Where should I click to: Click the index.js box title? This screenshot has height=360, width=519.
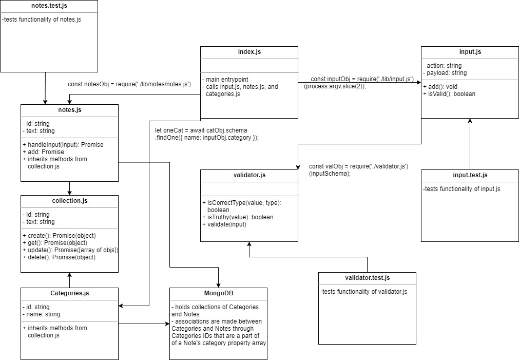click(249, 52)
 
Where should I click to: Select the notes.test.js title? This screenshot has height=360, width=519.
click(49, 7)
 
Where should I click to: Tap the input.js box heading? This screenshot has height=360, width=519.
click(470, 52)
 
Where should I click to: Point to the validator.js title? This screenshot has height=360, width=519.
click(249, 176)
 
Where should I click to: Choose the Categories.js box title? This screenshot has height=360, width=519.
click(70, 294)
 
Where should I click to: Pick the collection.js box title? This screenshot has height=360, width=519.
click(69, 201)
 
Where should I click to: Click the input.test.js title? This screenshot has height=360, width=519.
click(470, 176)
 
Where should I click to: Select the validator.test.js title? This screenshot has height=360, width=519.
click(367, 278)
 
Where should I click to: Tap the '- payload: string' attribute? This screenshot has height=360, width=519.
click(445, 73)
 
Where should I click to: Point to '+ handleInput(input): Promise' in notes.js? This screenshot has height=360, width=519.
click(63, 145)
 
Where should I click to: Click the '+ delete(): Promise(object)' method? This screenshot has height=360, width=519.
click(59, 257)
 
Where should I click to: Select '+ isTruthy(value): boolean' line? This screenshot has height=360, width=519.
click(238, 217)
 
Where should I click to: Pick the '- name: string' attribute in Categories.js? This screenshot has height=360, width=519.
click(41, 314)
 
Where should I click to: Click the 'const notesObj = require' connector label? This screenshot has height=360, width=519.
click(129, 84)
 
